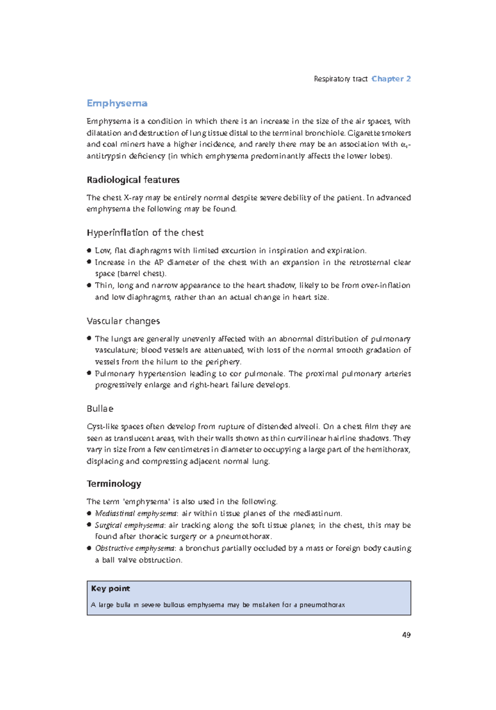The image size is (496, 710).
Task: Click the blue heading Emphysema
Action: [117, 103]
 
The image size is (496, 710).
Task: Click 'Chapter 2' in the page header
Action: [391, 79]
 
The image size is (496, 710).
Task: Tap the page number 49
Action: [406, 635]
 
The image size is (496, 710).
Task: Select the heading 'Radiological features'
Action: [133, 180]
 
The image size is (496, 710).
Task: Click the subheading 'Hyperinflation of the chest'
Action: [145, 233]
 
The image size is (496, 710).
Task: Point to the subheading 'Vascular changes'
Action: [123, 321]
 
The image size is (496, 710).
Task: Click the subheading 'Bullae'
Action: [100, 409]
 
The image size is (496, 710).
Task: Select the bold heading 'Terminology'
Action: [114, 484]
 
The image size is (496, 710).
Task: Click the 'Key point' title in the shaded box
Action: [110, 588]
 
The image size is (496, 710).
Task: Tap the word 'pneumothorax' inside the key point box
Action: [322, 605]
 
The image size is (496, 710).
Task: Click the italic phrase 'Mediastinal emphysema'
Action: [136, 513]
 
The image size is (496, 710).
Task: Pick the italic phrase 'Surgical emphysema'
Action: [130, 525]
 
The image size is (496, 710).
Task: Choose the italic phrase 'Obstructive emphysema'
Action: [135, 548]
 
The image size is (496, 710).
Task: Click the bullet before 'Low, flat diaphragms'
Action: [89, 250]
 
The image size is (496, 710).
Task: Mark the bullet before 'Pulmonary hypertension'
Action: [89, 373]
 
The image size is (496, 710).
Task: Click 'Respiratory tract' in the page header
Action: [341, 79]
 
